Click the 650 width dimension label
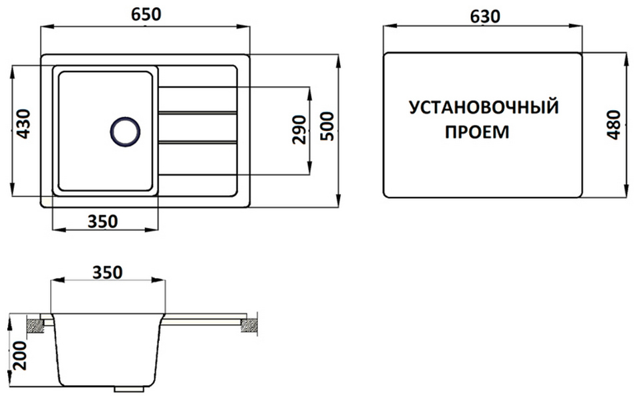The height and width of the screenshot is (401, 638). [146, 15]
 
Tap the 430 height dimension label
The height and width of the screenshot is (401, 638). [23, 124]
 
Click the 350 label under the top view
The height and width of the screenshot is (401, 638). [103, 221]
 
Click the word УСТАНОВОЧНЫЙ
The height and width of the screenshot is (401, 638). [483, 108]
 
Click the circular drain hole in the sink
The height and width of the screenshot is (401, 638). [125, 131]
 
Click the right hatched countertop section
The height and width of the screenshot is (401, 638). [249, 325]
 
